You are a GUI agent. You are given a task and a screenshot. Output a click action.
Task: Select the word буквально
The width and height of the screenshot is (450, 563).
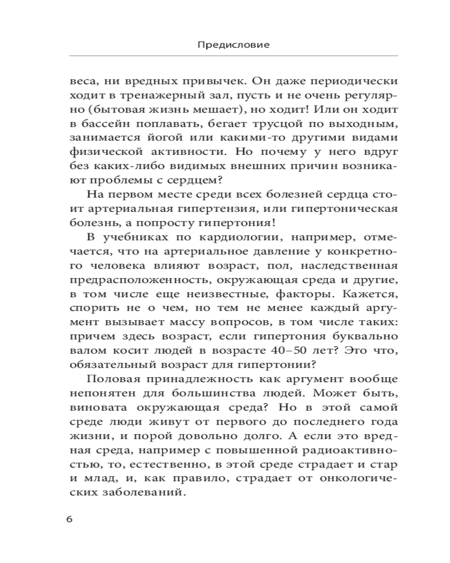[359, 335]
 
